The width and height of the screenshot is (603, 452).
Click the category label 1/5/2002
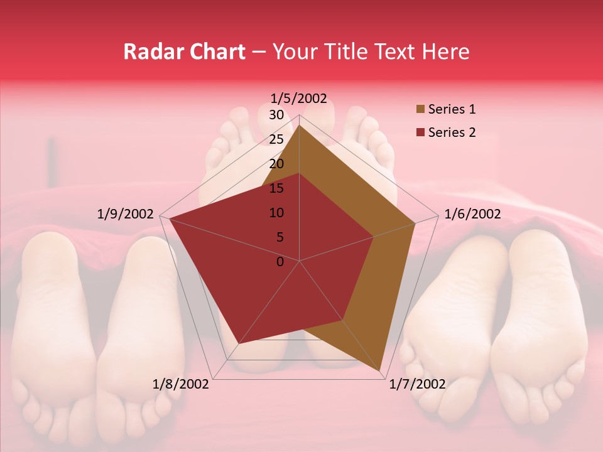pos(299,99)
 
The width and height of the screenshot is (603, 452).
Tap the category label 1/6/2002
pos(472,214)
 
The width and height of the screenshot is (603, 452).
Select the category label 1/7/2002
pos(418,384)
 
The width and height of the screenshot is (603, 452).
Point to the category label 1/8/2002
pos(181,384)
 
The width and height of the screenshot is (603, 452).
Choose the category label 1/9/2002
pos(126,214)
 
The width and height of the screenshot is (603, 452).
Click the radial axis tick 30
pos(276,115)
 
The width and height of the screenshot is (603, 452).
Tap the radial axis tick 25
pos(276,139)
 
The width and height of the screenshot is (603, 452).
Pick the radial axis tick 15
pos(276,188)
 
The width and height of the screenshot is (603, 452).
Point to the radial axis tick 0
pos(280,261)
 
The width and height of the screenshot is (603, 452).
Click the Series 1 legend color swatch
pos(420,110)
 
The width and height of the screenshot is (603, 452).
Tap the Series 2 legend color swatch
pos(420,132)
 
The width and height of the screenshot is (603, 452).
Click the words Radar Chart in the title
pos(184,51)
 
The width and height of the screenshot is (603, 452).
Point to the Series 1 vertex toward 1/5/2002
pos(300,125)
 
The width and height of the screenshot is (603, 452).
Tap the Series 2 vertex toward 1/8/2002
pos(238,344)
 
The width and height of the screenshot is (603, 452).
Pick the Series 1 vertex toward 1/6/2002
pos(415,223)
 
